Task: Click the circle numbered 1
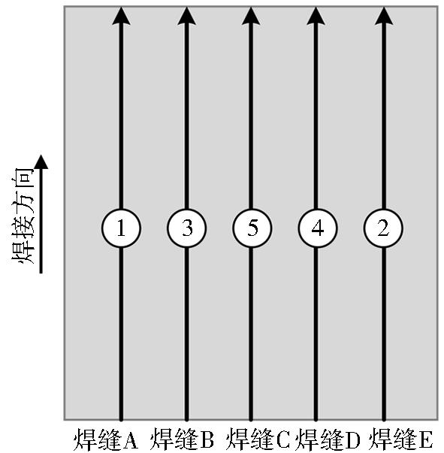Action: point(121,228)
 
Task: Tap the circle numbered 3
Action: point(186,228)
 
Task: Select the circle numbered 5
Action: point(252,228)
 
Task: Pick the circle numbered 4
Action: point(318,228)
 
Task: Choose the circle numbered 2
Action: point(383,228)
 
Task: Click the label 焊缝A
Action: point(105,439)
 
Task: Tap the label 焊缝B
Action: point(183,439)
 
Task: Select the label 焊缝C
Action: point(258,439)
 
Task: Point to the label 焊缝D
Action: point(328,439)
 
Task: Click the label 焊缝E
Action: point(401,439)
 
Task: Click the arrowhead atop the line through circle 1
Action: point(121,16)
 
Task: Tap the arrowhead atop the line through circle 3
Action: point(186,16)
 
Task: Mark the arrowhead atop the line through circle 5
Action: point(251,16)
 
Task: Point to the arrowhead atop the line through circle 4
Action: point(316,16)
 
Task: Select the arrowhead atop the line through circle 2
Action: point(384,16)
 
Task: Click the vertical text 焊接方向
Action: point(23,216)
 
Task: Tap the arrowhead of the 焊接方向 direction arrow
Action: point(41,162)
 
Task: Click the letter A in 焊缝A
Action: point(129,440)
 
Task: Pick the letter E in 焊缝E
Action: point(425,440)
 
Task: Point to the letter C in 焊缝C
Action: point(282,440)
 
